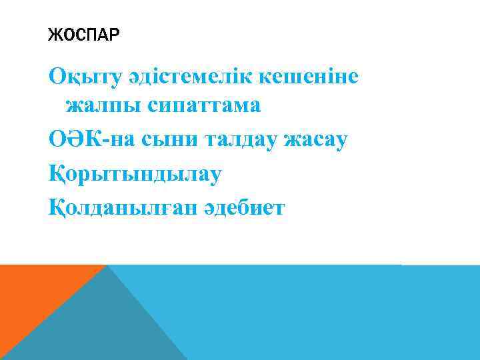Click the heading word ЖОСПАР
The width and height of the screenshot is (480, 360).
[83, 35]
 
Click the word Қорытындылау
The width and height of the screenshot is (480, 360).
[135, 175]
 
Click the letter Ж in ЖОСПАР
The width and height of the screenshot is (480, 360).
[54, 35]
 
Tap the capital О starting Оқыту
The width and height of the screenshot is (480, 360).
[57, 78]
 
